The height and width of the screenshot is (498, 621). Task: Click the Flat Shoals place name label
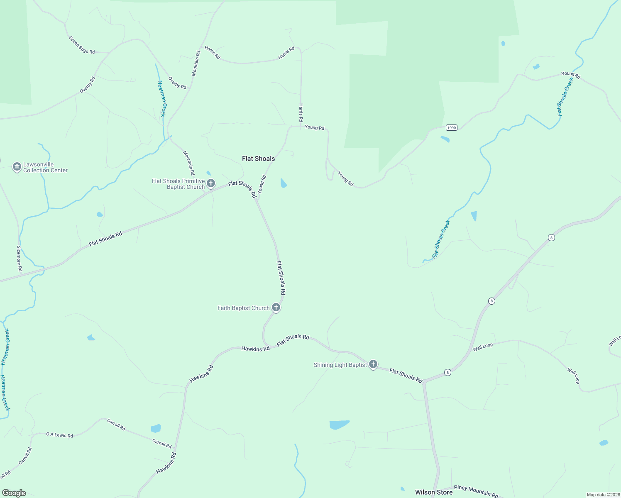click(x=258, y=159)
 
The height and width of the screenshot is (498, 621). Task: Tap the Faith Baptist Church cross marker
click(x=276, y=308)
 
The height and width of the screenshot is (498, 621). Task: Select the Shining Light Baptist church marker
click(x=373, y=364)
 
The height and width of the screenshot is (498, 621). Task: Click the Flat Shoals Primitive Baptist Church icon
click(x=211, y=183)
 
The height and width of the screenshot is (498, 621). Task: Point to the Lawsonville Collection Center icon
click(x=17, y=167)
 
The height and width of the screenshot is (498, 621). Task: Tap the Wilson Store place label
click(x=434, y=492)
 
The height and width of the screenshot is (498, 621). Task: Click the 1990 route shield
click(x=452, y=127)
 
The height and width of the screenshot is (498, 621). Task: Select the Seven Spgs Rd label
click(x=82, y=45)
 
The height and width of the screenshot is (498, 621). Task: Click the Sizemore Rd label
click(x=19, y=259)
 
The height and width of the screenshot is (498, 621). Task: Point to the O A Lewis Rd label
click(x=59, y=435)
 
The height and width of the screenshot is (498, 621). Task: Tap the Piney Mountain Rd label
click(x=476, y=491)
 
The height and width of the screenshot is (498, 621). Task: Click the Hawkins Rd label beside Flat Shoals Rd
click(x=255, y=349)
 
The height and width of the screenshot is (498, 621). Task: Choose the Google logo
click(x=14, y=493)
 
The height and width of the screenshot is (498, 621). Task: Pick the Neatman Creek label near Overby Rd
click(x=162, y=99)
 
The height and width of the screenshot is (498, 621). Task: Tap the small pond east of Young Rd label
click(x=284, y=183)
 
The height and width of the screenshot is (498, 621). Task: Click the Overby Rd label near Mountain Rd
click(x=177, y=83)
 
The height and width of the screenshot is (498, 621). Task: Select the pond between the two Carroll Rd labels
click(x=156, y=428)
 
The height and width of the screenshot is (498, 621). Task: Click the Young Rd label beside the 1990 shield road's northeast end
click(x=570, y=75)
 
